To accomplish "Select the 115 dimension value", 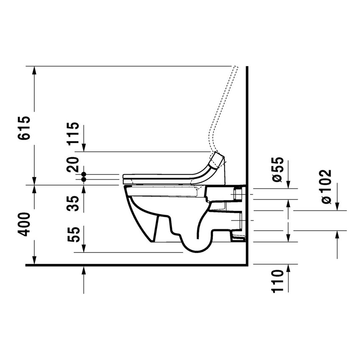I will (x=74, y=133).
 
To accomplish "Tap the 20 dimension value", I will (x=74, y=164).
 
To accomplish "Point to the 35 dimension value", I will (x=74, y=203).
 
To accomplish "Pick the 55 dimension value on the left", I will (x=74, y=234).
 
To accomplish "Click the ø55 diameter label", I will (x=278, y=171).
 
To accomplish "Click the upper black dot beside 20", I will (x=84, y=174).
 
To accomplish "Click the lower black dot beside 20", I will (x=84, y=180).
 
